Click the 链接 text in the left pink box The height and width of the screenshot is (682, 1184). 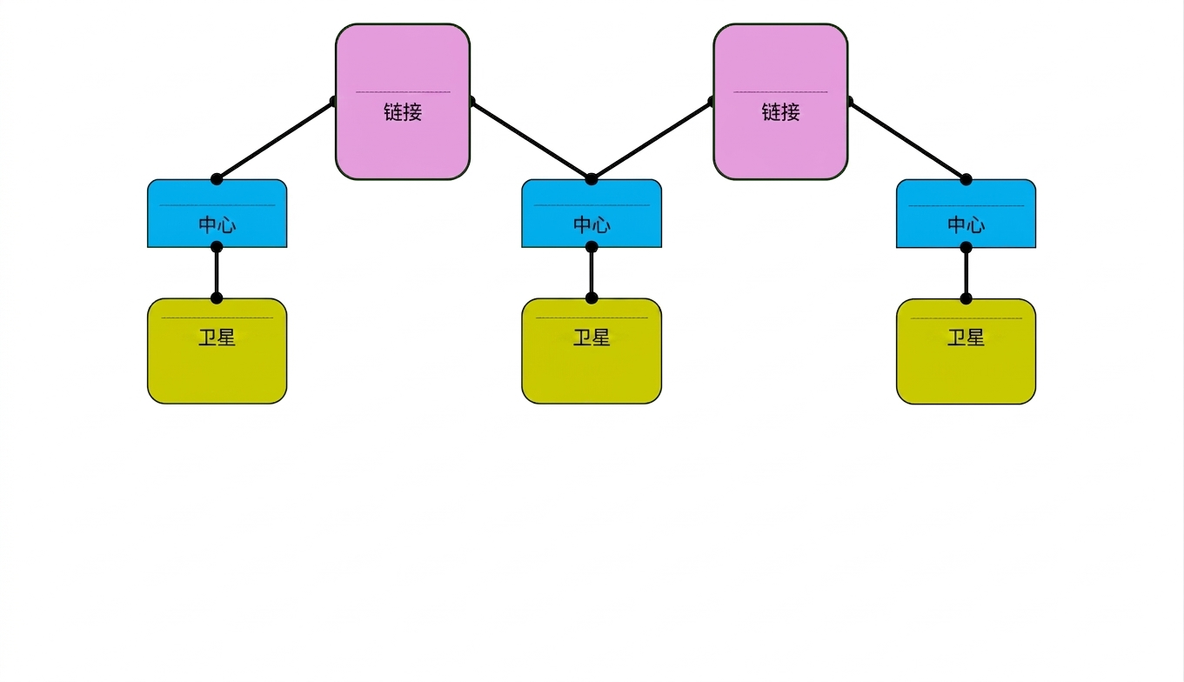[403, 112]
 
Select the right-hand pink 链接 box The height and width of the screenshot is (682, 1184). [780, 102]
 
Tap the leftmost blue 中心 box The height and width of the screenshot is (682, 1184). [217, 213]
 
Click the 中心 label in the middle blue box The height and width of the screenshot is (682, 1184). [592, 225]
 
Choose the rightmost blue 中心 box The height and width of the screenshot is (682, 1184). [967, 214]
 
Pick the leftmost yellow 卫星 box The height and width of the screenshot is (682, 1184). [217, 351]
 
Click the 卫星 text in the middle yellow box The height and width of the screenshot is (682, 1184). [592, 338]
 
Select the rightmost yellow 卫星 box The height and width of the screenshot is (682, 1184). [967, 351]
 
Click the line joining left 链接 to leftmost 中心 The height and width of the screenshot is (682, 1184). [275, 140]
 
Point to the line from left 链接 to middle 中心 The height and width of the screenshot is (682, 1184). [532, 140]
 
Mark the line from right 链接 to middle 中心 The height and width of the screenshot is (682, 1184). [652, 140]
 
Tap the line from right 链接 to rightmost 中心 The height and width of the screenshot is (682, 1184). [907, 140]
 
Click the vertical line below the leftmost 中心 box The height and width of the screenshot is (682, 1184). [217, 272]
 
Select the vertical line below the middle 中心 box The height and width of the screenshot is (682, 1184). [592, 272]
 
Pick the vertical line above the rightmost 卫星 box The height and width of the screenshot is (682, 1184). [967, 273]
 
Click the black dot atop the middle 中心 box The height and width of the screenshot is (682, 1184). [592, 179]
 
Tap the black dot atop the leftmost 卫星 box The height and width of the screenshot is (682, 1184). [217, 298]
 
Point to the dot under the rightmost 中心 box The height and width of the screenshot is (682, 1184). [967, 247]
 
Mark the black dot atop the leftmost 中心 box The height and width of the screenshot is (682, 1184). [217, 179]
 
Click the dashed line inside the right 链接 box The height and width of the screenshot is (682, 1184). [780, 92]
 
